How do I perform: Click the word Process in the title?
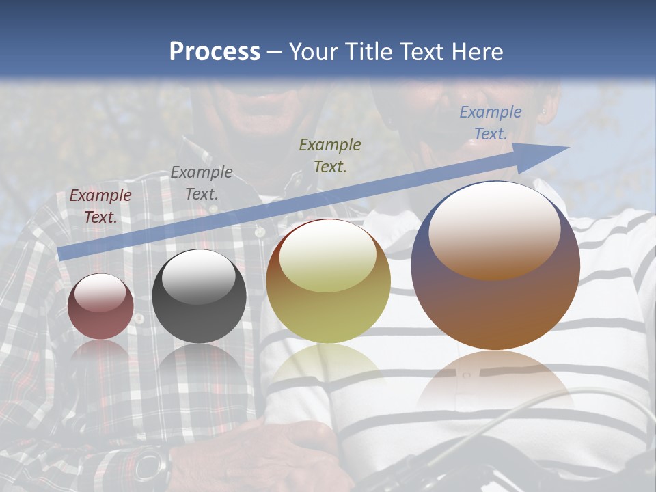pos(215,51)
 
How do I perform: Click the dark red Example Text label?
pos(100,206)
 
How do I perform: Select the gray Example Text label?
pos(202,182)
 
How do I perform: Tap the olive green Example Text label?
pos(330,155)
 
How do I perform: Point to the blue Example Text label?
pos(491,123)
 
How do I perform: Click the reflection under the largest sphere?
pos(495,379)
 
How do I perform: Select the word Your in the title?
pos(315,51)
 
